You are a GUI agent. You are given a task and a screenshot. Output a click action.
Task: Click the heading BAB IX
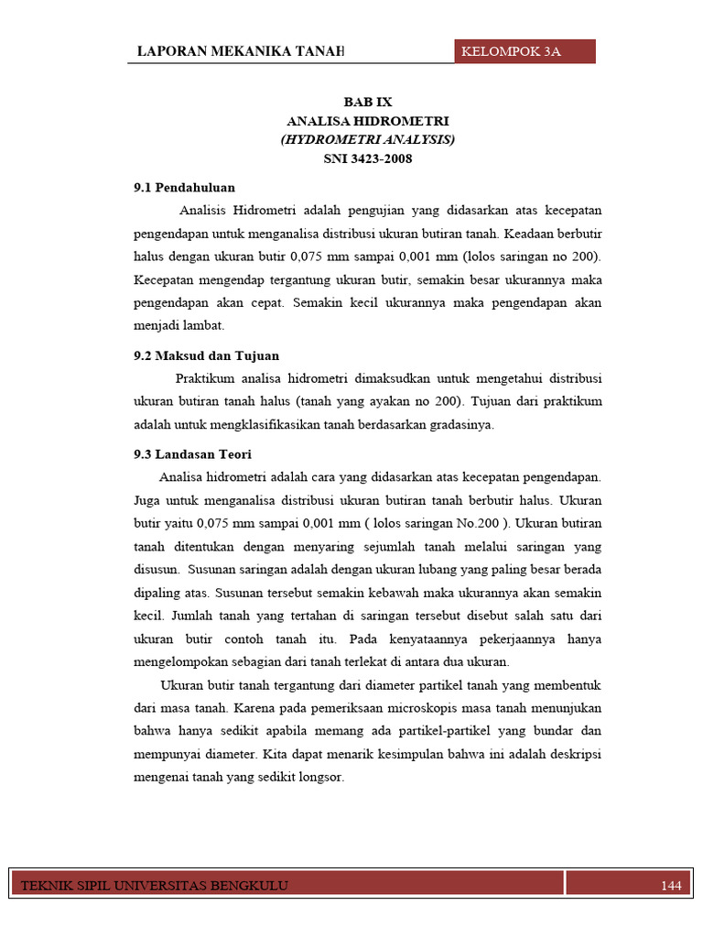pyautogui.click(x=367, y=103)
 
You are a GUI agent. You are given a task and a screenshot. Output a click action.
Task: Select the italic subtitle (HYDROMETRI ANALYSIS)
pyautogui.click(x=367, y=139)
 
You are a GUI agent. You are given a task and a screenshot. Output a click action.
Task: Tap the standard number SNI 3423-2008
pyautogui.click(x=367, y=158)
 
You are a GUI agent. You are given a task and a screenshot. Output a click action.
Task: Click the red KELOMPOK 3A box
pyautogui.click(x=525, y=51)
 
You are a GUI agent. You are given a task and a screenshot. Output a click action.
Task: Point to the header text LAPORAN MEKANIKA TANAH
pyautogui.click(x=240, y=51)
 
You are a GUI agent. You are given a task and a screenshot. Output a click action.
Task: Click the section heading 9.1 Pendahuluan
pyautogui.click(x=184, y=188)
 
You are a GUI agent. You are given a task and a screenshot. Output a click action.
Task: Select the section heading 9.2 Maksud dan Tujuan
pyautogui.click(x=206, y=355)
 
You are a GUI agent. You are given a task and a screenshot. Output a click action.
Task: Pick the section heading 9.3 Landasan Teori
pyautogui.click(x=192, y=454)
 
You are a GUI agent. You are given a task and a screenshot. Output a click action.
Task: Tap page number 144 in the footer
pyautogui.click(x=671, y=885)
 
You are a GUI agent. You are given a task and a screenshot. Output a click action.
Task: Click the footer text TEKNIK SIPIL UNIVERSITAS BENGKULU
pyautogui.click(x=154, y=885)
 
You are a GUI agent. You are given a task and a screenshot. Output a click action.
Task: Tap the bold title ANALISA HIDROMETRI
pyautogui.click(x=367, y=121)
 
